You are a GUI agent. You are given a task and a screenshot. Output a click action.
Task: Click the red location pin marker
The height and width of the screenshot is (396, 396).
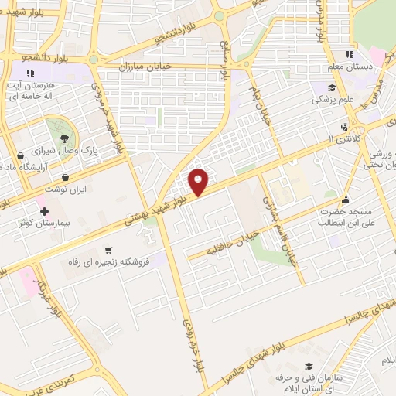click(x=200, y=181)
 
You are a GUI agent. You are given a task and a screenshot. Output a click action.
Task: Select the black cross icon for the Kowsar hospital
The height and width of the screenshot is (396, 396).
click(x=44, y=210)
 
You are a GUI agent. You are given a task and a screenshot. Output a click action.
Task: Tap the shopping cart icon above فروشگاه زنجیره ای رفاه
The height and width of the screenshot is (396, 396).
click(x=108, y=251)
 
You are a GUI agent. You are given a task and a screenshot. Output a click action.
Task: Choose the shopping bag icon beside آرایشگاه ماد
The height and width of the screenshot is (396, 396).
click(x=19, y=155)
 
